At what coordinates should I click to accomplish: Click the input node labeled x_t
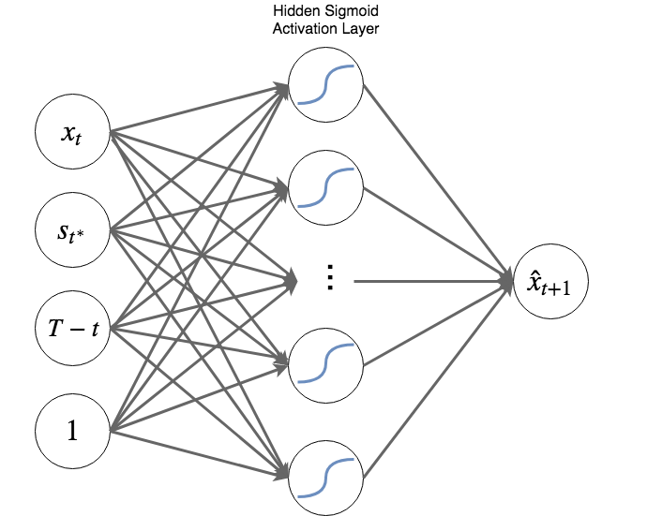[x=73, y=134]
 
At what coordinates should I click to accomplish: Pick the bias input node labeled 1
[x=73, y=432]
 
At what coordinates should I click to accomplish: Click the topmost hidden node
[x=326, y=85]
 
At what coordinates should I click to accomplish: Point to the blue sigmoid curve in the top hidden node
[x=326, y=85]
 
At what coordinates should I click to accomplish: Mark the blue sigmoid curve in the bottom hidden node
[x=326, y=475]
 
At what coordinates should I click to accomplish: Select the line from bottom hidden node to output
[x=431, y=379]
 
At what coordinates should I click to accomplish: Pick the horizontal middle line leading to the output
[x=422, y=279]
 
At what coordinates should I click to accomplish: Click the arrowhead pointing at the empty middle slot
[x=291, y=279]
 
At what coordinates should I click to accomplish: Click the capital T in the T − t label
[x=54, y=328]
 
